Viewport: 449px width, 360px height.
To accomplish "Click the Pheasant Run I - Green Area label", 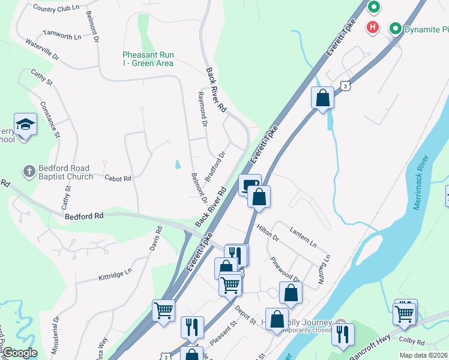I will coord(148,59).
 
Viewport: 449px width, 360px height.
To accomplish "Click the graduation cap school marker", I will coord(25,124).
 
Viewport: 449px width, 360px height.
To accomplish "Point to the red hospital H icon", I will coord(373,27).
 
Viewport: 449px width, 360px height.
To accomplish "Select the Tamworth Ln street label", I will coord(62,36).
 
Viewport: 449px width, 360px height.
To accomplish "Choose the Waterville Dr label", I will coord(42,50).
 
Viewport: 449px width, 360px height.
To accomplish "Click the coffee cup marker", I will coord(250,185).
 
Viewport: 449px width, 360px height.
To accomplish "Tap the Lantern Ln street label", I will coord(303,230).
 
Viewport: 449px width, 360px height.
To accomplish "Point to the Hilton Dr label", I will coord(268,233).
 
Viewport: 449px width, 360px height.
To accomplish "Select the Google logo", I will coord(20,353).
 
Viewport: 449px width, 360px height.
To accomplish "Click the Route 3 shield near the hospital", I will coord(345,86).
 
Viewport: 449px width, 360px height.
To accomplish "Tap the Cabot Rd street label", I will coord(118,178).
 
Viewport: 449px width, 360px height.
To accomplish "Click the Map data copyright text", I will coord(424,355).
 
